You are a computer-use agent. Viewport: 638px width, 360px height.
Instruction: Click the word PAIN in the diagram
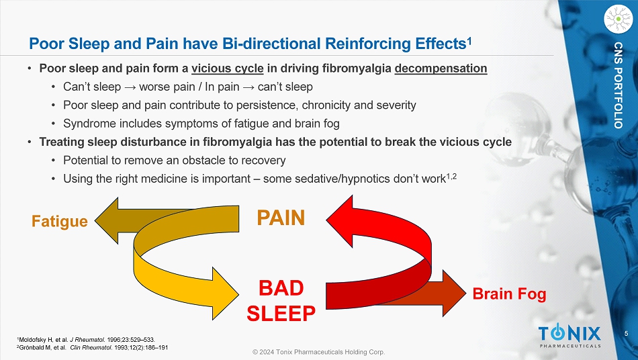tap(281, 218)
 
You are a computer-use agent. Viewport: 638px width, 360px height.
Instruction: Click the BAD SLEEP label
tap(281, 301)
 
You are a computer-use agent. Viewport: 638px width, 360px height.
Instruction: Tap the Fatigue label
tap(60, 221)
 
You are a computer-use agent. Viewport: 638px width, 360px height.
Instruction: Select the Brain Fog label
tap(509, 294)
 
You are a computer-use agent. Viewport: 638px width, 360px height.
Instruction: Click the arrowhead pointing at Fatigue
tap(107, 221)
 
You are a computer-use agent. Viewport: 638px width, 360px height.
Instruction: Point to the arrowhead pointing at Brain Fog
tap(454, 293)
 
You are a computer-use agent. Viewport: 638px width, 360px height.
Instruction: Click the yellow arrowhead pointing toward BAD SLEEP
tap(225, 294)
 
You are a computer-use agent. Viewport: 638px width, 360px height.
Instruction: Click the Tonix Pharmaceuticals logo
tap(569, 336)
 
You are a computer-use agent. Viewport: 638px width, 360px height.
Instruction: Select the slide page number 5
tap(626, 334)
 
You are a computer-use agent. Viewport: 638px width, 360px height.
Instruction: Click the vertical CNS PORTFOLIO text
tap(618, 85)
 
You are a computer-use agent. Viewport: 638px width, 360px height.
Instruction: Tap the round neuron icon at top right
tap(618, 19)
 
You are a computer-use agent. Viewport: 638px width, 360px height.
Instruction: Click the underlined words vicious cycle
tap(228, 69)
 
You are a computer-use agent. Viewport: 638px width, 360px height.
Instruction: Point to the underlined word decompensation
tap(441, 69)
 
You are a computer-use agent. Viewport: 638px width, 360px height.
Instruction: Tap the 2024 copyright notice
tap(318, 352)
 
